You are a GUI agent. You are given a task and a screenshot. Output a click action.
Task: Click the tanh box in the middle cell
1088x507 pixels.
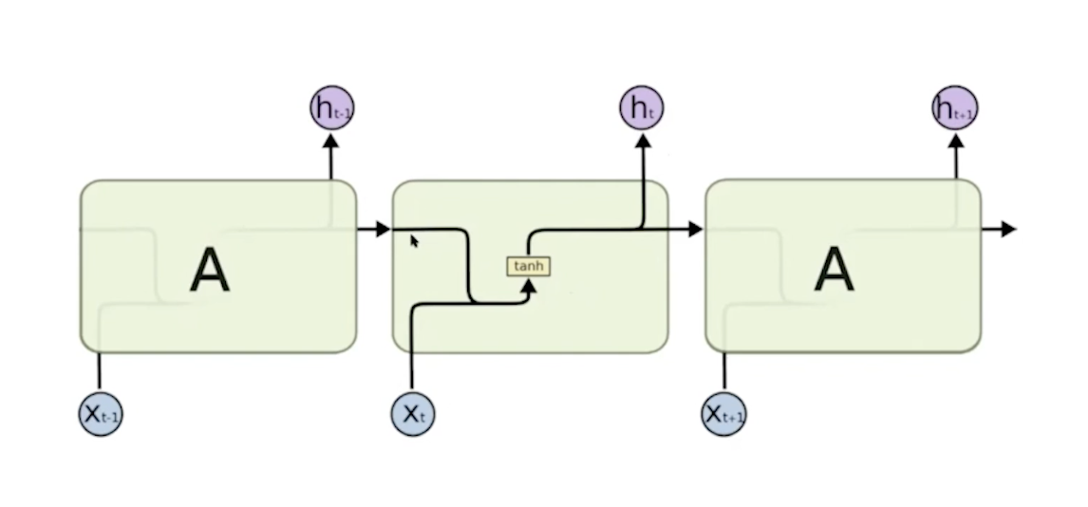pyautogui.click(x=528, y=267)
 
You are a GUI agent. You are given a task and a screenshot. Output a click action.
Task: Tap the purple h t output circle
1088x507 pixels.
pyautogui.click(x=642, y=107)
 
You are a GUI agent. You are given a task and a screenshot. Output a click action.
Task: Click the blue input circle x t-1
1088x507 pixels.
pyautogui.click(x=100, y=414)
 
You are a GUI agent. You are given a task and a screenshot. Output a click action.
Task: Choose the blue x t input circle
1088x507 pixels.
pyautogui.click(x=413, y=413)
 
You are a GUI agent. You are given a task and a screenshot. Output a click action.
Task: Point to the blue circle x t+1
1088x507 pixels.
pyautogui.click(x=724, y=414)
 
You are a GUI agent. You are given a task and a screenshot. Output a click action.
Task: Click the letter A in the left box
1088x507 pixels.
pyautogui.click(x=210, y=271)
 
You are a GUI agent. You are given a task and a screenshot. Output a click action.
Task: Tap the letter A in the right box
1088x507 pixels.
pyautogui.click(x=834, y=271)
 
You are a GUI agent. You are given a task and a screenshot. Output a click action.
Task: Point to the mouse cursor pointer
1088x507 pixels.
pyautogui.click(x=414, y=241)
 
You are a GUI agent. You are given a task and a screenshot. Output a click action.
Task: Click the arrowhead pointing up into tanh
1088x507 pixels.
pyautogui.click(x=530, y=286)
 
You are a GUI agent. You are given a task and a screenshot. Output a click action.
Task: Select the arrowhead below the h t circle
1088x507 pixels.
pyautogui.click(x=643, y=141)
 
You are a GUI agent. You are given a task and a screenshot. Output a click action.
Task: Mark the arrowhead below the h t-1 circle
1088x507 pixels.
pyautogui.click(x=331, y=141)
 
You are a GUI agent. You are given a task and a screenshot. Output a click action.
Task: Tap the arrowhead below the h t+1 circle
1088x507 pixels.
pyautogui.click(x=955, y=141)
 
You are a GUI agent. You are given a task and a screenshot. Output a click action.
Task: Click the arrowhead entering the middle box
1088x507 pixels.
pyautogui.click(x=382, y=229)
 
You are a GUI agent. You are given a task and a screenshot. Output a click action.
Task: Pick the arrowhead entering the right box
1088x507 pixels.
pyautogui.click(x=694, y=229)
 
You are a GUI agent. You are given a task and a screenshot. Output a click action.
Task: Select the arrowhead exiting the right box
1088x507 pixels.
pyautogui.click(x=1008, y=229)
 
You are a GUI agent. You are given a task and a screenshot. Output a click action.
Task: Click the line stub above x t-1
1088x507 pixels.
pyautogui.click(x=100, y=370)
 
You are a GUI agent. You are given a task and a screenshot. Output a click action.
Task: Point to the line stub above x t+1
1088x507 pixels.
pyautogui.click(x=724, y=370)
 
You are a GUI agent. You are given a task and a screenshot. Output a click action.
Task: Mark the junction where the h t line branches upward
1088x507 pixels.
pyautogui.click(x=643, y=229)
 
